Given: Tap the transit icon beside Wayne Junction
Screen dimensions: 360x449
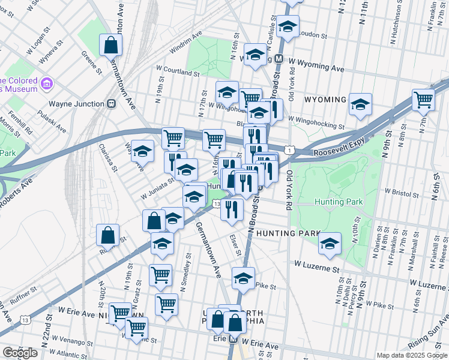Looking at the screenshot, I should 111,104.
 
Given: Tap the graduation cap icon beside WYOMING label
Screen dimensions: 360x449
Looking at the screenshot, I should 360,105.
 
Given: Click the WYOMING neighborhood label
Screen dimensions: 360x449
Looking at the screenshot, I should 325,100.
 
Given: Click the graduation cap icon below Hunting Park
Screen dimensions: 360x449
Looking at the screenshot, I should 329,244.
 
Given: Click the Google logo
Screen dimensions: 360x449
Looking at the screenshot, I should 20,353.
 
